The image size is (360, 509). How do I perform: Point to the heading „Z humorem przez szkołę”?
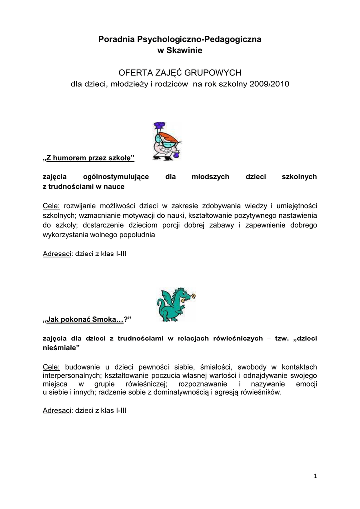[x=89, y=158]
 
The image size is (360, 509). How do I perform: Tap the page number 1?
[x=315, y=476]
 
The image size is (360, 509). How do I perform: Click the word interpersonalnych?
[x=73, y=375]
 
